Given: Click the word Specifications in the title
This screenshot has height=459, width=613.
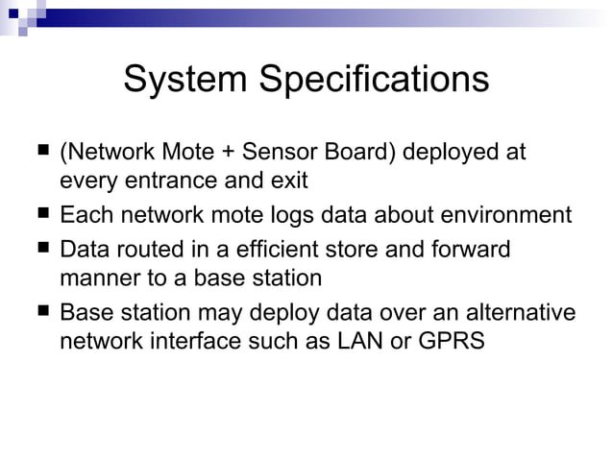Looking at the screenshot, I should [x=370, y=80].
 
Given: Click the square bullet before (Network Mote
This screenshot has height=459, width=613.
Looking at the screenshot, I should [x=42, y=152].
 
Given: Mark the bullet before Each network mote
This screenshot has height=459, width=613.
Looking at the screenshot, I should [x=42, y=213].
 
